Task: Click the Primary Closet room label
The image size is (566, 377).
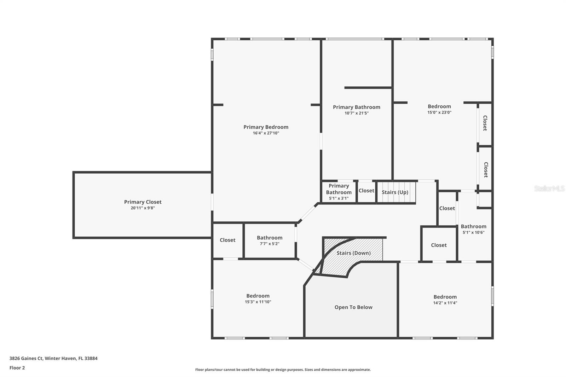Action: [x=143, y=202]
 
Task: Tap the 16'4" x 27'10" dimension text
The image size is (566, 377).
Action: [x=266, y=133]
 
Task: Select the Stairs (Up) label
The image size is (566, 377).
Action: [x=395, y=192]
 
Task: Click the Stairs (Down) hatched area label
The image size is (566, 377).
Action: [x=353, y=253]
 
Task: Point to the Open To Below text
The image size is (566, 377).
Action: [x=353, y=307]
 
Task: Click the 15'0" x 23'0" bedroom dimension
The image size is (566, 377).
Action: [x=439, y=112]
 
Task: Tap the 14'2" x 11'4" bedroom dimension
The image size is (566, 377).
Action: [x=445, y=303]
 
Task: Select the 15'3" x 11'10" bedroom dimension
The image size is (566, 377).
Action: [x=258, y=302]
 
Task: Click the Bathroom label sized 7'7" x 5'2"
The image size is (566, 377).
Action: [x=270, y=238]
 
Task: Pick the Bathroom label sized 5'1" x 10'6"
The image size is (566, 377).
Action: [x=473, y=226]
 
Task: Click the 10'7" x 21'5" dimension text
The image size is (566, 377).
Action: [x=357, y=113]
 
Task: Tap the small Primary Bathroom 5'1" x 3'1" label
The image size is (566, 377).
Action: [x=339, y=189]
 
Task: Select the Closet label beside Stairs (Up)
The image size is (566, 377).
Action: [x=366, y=191]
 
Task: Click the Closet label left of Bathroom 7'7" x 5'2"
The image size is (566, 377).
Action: [x=227, y=240]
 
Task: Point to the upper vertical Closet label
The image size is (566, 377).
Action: [x=485, y=123]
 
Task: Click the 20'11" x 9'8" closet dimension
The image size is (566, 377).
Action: [x=143, y=208]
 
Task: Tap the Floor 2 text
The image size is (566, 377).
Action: [x=17, y=368]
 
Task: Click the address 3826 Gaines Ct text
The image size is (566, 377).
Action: [x=53, y=358]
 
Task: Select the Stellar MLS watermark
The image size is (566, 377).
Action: [x=549, y=188]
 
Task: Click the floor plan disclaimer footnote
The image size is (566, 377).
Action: [x=283, y=370]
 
